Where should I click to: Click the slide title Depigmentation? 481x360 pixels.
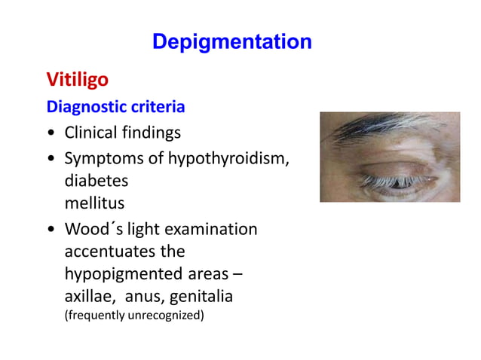(x=231, y=41)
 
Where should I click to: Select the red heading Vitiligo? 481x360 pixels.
(x=77, y=79)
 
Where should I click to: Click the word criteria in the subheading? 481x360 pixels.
(x=158, y=107)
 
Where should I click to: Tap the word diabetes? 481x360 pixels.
(x=96, y=181)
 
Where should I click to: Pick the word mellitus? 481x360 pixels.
(x=94, y=203)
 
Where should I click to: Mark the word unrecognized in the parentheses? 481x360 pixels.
(x=166, y=315)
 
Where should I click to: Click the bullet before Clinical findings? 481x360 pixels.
(x=50, y=134)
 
